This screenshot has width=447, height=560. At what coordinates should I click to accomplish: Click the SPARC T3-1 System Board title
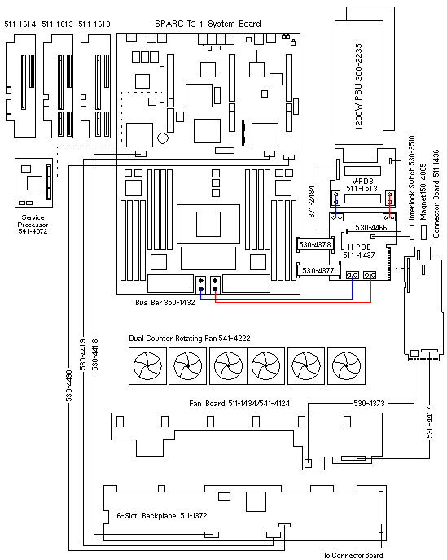208,24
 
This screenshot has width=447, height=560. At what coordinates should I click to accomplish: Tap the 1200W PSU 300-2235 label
358,87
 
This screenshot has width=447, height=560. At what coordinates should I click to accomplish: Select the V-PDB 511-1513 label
362,185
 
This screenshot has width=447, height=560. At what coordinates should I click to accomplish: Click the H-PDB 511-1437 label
359,251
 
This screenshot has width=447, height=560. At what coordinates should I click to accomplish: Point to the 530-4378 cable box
316,245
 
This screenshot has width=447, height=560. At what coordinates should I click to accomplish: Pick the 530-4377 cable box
318,270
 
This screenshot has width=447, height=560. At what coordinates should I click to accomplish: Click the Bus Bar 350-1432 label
165,303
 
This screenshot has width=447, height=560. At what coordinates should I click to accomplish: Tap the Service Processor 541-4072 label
33,225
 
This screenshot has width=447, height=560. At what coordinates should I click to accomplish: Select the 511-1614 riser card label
20,24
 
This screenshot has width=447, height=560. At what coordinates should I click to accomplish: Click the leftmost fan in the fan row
147,365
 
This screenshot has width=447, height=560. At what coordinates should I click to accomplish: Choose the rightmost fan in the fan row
346,365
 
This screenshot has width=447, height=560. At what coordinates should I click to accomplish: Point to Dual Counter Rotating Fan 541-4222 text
190,339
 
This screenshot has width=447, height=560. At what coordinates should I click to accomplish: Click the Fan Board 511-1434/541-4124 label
239,404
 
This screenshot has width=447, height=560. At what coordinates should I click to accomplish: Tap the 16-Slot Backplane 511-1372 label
160,516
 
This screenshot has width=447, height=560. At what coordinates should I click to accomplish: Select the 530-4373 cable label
369,404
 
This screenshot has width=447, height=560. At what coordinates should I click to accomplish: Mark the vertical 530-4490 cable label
69,386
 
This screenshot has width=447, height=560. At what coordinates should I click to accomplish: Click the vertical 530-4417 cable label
429,423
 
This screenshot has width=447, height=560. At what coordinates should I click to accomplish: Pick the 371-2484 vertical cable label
312,201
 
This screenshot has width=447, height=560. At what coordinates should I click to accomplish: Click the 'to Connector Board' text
353,555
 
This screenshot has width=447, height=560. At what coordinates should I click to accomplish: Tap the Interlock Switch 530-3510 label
412,177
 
